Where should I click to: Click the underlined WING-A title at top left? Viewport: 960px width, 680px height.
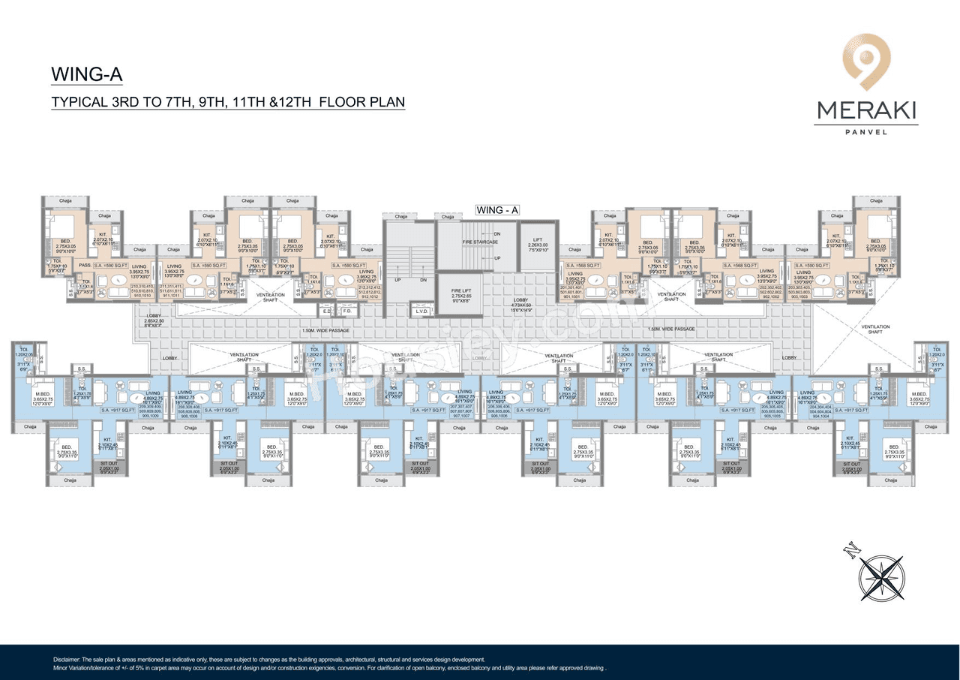click(86, 74)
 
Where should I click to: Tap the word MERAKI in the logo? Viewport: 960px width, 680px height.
click(866, 110)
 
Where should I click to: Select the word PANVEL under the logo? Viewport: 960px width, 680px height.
click(866, 132)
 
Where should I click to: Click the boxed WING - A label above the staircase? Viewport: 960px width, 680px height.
click(497, 210)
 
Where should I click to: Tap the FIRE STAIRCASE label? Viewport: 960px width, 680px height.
click(480, 242)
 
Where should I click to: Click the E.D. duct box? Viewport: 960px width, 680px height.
click(327, 310)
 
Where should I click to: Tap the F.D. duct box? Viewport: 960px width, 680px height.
click(346, 310)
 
